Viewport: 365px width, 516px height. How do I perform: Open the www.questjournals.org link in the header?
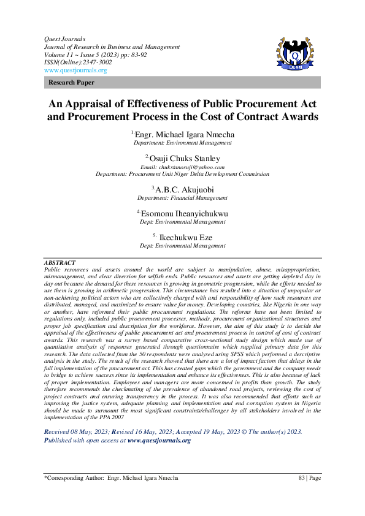(75, 70)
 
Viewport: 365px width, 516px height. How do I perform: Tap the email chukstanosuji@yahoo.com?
(183, 167)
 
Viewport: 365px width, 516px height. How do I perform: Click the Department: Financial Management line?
(183, 199)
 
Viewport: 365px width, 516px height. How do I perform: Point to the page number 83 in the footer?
(301, 495)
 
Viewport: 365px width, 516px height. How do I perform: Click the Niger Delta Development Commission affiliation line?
(183, 173)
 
